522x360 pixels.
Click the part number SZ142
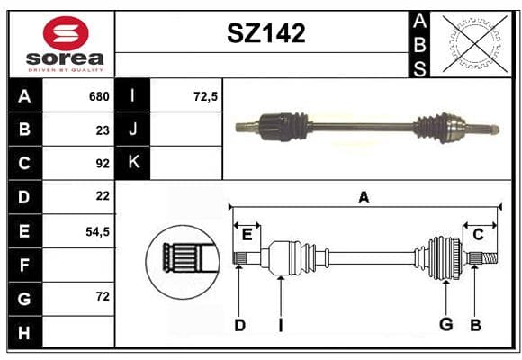[x=266, y=33]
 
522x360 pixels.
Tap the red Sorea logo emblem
[x=66, y=33]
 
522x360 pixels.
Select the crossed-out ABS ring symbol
[x=476, y=44]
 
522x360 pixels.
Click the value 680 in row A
[x=99, y=96]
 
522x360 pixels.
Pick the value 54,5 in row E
[x=97, y=232]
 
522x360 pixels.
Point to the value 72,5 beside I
[x=205, y=96]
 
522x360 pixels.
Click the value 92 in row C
[x=103, y=164]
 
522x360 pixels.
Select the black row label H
[x=24, y=333]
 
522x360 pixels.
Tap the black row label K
[x=133, y=162]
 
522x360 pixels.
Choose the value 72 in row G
[x=103, y=296]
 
